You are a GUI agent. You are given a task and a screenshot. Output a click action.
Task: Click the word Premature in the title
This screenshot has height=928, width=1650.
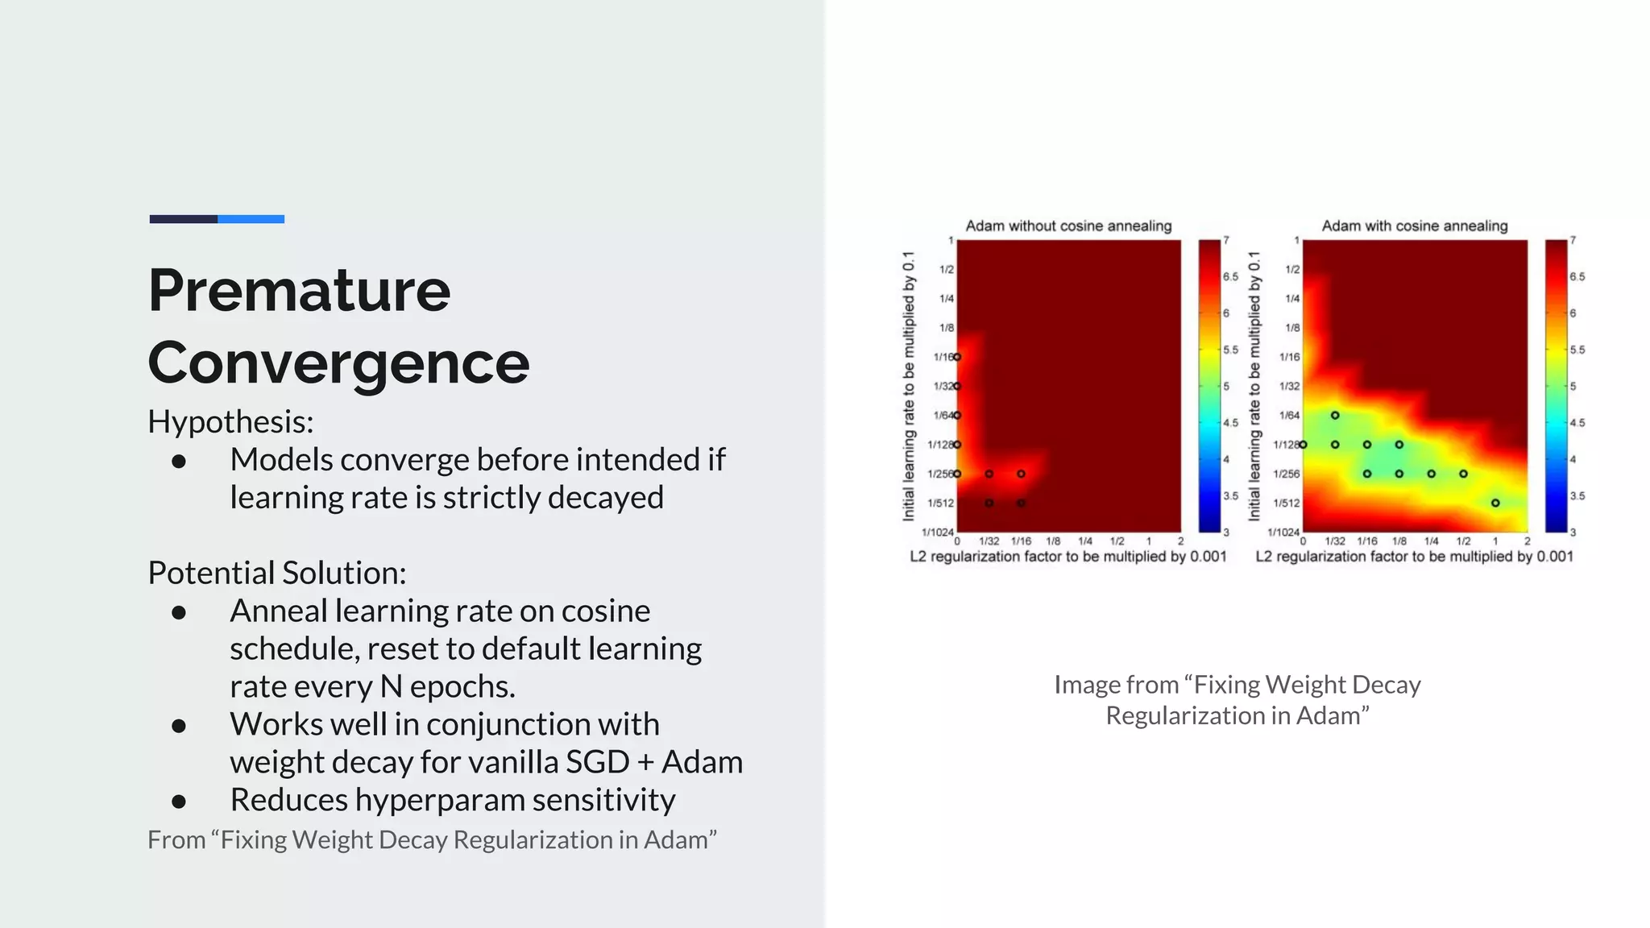point(299,290)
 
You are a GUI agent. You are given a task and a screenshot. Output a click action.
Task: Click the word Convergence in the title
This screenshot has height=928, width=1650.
point(338,362)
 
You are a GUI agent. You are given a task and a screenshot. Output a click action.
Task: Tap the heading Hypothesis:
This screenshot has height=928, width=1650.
point(230,421)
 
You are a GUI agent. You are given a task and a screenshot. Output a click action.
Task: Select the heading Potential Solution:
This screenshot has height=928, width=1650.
point(276,573)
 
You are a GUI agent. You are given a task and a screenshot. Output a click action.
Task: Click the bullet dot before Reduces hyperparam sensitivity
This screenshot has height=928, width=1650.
point(179,801)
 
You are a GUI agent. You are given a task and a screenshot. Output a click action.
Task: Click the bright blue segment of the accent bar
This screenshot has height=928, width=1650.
point(251,219)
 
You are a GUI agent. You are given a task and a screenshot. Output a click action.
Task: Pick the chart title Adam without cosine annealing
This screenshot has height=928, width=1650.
point(1068,226)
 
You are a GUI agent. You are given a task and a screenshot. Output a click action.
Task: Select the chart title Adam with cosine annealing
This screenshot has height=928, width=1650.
point(1414,226)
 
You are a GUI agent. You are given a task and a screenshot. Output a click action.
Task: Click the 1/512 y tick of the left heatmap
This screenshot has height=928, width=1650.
point(940,503)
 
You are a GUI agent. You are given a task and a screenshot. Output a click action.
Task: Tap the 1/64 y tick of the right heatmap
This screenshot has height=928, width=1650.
point(1289,416)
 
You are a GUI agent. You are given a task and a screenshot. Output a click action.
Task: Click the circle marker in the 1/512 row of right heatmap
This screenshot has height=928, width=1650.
point(1495,503)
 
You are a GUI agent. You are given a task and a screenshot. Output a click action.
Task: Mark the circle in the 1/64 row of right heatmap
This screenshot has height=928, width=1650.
point(1335,416)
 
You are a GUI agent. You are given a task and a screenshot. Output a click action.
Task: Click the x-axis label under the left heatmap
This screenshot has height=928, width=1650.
point(1068,556)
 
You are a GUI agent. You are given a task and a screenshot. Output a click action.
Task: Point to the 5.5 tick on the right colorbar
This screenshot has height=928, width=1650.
point(1577,350)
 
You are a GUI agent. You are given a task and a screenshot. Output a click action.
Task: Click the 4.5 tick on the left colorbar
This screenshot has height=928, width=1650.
point(1230,423)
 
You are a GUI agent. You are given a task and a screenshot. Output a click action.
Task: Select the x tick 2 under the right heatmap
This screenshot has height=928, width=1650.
point(1527,541)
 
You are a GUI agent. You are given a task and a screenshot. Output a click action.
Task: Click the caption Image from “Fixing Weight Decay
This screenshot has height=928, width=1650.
point(1237,685)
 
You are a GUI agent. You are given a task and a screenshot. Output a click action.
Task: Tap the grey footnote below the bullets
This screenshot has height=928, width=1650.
point(432,839)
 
